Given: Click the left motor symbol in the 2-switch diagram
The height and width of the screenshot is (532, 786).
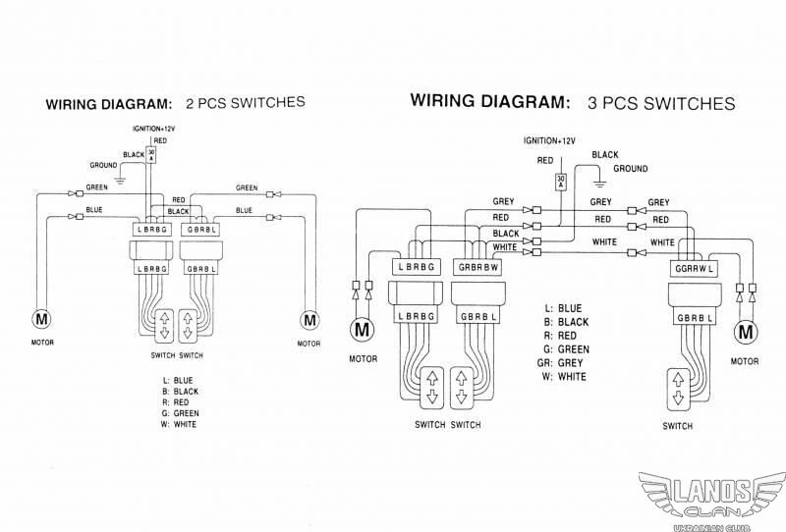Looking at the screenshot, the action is (x=41, y=319).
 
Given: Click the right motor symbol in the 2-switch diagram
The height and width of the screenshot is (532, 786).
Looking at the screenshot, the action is (x=309, y=320).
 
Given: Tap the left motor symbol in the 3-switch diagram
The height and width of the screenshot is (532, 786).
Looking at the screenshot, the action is (x=362, y=330).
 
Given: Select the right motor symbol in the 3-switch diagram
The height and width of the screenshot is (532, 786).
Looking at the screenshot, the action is (x=746, y=332).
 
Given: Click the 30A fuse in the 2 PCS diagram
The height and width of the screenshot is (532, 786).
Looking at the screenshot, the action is (x=151, y=155).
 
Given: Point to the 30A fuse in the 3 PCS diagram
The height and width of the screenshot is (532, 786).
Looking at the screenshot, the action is (x=561, y=182).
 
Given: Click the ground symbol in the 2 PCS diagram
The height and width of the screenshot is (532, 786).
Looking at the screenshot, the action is (x=120, y=181).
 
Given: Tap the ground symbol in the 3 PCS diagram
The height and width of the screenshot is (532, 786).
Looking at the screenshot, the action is (x=600, y=183).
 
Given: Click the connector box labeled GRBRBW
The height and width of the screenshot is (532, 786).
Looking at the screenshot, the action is (x=477, y=267).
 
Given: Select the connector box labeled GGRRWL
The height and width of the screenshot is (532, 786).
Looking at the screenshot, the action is (x=695, y=269).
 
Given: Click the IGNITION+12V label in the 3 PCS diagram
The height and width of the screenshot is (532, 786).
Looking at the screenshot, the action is (x=549, y=140).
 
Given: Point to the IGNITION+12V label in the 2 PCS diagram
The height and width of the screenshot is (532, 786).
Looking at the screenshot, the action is (x=154, y=129).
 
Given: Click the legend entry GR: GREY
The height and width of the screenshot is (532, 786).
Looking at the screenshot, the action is (x=560, y=362).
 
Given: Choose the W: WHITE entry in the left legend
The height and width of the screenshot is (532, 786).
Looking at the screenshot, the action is (x=179, y=424).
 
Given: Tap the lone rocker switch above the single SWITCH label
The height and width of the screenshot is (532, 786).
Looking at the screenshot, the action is (x=678, y=390).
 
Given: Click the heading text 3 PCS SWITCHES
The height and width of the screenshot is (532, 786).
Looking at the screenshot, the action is (x=661, y=103).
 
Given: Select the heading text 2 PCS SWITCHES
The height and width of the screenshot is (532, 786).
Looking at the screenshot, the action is (x=245, y=103).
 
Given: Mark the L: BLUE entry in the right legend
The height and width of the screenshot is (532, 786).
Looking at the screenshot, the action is (x=563, y=308).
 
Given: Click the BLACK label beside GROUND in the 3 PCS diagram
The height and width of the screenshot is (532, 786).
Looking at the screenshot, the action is (x=605, y=155).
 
